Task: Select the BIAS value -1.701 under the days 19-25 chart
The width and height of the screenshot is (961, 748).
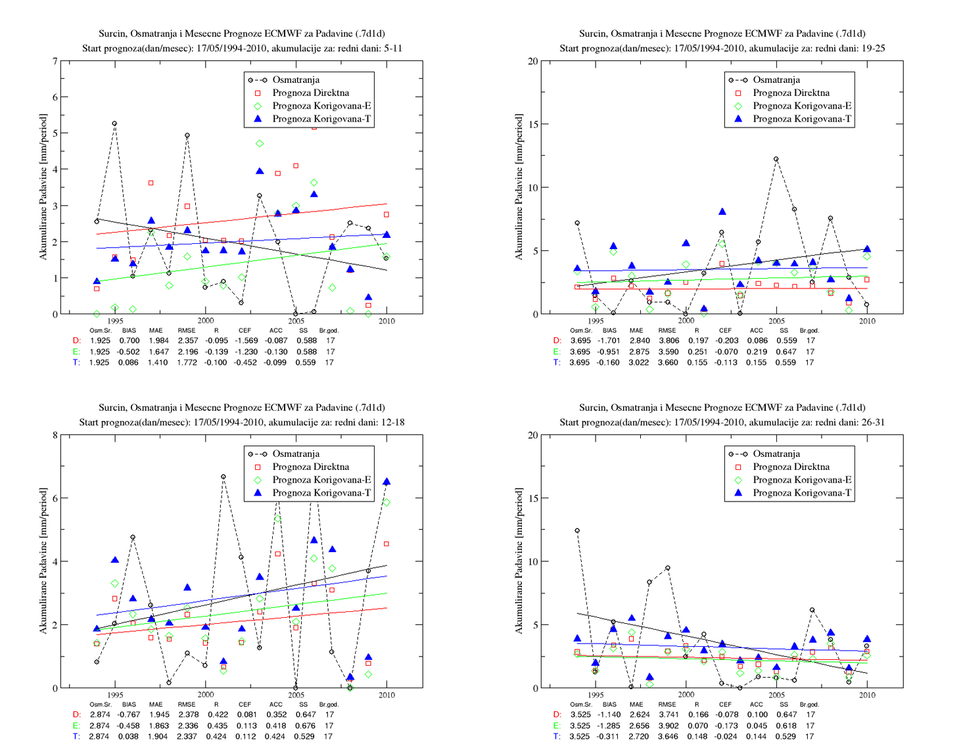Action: click(x=609, y=341)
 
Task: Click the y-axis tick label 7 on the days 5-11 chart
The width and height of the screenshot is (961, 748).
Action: click(x=55, y=61)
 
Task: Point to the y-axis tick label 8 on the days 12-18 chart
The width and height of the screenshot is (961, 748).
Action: click(x=55, y=435)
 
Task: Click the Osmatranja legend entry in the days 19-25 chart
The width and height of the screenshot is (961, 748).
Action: click(x=764, y=80)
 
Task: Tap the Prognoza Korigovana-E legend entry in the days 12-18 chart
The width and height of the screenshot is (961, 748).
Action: click(x=310, y=480)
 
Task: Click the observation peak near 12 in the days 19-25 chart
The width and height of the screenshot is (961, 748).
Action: click(x=776, y=159)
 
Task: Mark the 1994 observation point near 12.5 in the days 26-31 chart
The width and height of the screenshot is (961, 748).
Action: click(x=577, y=530)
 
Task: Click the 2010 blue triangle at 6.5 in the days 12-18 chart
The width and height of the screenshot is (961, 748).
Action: click(x=387, y=481)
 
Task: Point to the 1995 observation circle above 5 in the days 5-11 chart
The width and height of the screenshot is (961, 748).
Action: click(x=114, y=124)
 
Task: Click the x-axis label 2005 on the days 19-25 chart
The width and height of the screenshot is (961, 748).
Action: click(x=776, y=321)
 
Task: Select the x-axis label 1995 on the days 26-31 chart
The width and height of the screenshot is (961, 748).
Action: click(x=596, y=695)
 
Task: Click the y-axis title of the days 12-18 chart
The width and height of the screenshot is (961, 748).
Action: click(x=43, y=561)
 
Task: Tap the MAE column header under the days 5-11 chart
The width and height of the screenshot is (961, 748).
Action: click(x=156, y=331)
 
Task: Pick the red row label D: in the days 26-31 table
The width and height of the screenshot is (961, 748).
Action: click(x=557, y=715)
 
